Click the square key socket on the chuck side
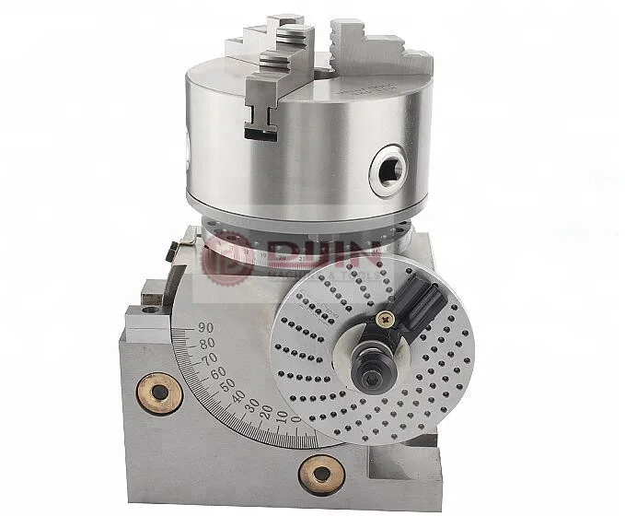coord(384,168)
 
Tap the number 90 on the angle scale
coord(206,326)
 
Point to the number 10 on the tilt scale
coord(282,416)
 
